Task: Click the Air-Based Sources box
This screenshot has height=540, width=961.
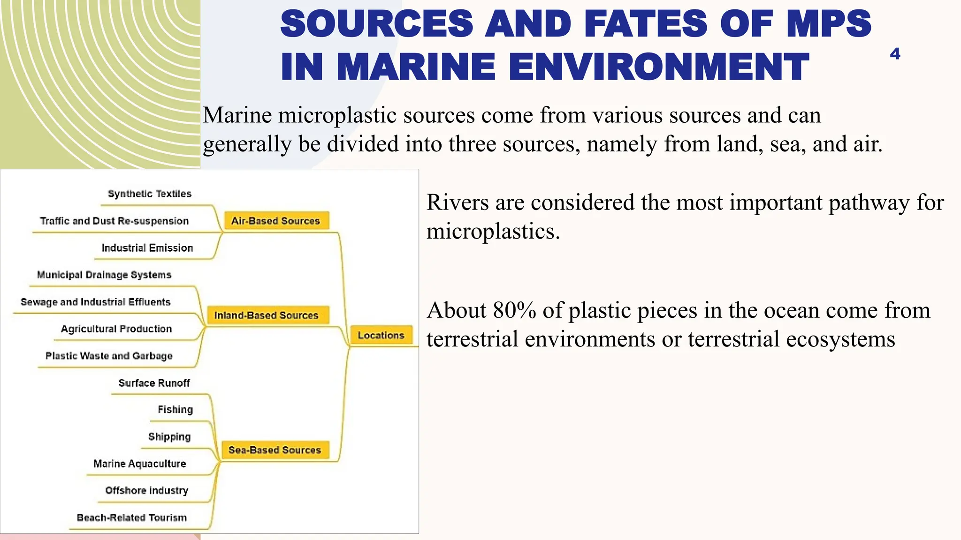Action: pos(276,221)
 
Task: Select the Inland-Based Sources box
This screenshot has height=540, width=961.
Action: pos(267,315)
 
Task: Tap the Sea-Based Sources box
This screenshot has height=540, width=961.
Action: pos(275,450)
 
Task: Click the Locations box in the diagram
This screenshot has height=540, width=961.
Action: pos(381,335)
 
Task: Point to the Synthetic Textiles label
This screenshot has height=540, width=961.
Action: pos(150,194)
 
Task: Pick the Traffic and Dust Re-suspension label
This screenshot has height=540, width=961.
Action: pos(114,221)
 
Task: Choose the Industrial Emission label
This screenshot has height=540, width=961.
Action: pos(147,248)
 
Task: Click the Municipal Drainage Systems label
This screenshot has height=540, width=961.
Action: pos(104,275)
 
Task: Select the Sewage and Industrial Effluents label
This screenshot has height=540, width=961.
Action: pos(95,302)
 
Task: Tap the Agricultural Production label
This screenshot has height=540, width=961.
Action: pos(116,329)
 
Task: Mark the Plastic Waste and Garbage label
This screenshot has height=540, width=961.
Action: pos(109,356)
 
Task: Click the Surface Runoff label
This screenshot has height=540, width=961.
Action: pos(154,383)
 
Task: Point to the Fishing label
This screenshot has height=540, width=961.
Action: pos(175,410)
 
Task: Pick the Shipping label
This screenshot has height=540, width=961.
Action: pos(169,437)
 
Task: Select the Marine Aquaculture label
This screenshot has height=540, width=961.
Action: pos(140,464)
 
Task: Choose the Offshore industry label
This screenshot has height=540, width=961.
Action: pos(146,490)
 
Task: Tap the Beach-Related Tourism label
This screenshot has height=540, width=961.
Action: pos(132,517)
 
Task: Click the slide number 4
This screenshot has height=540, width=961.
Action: pos(895,54)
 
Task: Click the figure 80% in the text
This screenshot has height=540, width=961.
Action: pos(515,311)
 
